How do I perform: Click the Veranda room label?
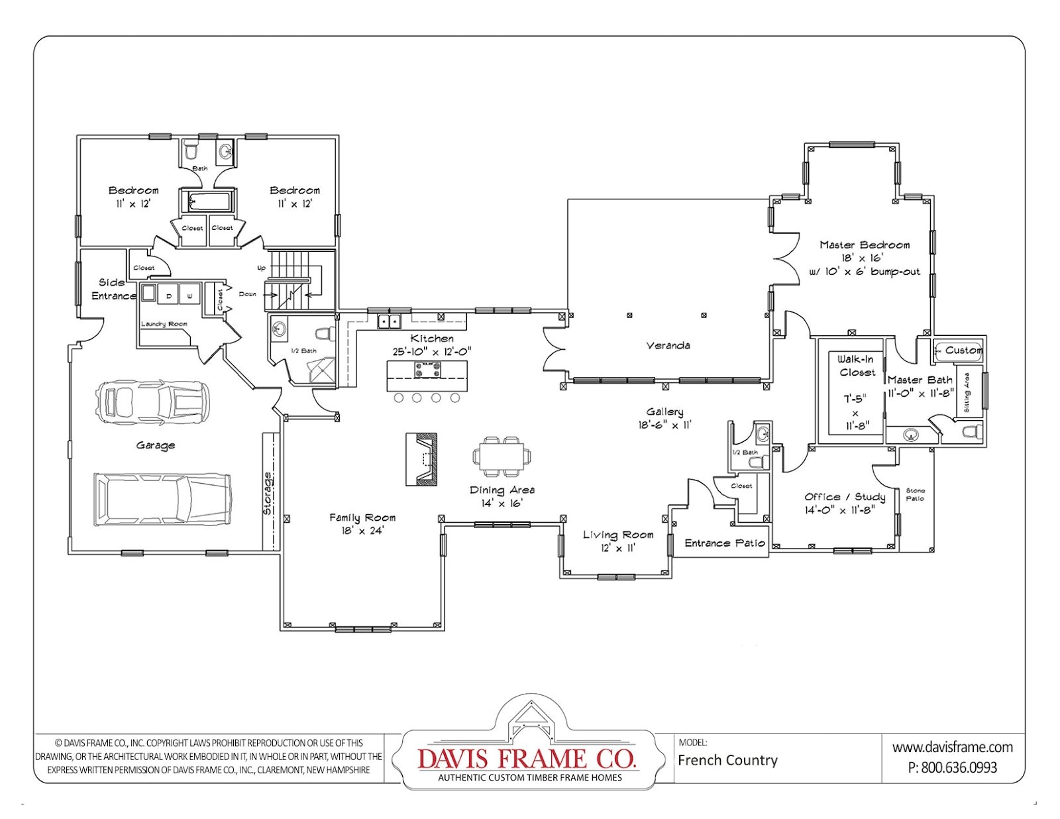[x=668, y=345]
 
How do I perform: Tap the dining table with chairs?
[x=502, y=457]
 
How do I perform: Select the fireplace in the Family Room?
[x=422, y=459]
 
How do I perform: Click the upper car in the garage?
[x=153, y=402]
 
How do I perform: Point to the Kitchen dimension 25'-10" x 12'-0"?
[x=431, y=352]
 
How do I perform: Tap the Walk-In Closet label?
[x=855, y=366]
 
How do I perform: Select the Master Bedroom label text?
[x=865, y=245]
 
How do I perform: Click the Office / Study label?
[x=845, y=496]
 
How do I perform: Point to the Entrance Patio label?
[x=725, y=543]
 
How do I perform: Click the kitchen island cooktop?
[x=427, y=368]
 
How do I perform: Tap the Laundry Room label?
[x=164, y=324]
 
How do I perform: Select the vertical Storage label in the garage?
[x=268, y=494]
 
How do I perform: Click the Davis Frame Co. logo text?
[x=527, y=758]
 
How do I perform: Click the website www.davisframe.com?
[x=952, y=747]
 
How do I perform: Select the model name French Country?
[x=727, y=760]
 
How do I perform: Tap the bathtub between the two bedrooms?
[x=207, y=201]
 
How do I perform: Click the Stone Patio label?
[x=915, y=494]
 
